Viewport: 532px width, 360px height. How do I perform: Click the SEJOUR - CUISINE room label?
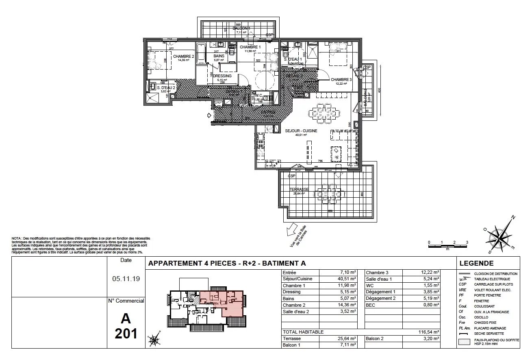301,131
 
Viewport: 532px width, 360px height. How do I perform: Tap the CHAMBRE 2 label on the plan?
184,57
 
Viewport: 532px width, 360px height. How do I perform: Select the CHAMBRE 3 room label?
341,80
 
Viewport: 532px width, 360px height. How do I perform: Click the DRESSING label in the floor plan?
222,76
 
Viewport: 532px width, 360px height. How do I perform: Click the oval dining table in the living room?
324,113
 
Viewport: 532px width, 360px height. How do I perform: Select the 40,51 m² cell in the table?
348,279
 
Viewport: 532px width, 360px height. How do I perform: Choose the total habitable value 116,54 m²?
429,332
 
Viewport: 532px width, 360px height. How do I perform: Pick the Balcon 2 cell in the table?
375,338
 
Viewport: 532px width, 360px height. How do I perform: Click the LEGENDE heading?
476,263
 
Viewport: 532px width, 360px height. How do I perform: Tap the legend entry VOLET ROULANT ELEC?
493,290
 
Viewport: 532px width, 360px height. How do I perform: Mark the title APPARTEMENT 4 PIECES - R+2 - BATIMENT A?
227,263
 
